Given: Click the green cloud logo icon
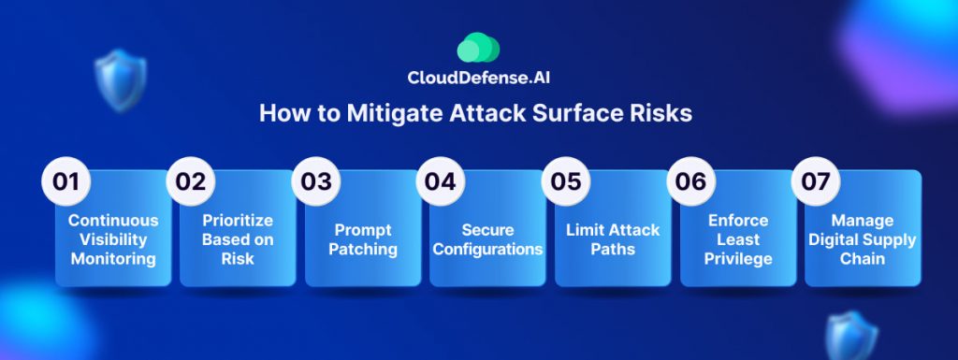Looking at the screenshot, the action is (478, 48).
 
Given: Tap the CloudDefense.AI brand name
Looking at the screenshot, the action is (474, 78).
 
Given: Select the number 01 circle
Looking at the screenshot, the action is (66, 181).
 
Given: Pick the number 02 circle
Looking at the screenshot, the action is (191, 181).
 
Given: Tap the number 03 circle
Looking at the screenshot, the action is (316, 181).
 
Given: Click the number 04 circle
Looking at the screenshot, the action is (441, 181).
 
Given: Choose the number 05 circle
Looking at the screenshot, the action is (566, 181).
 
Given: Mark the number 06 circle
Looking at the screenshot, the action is (691, 181).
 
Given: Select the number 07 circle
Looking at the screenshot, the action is (816, 181).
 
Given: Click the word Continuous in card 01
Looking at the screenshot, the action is (113, 221).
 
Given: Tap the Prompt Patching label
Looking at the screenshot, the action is (363, 239).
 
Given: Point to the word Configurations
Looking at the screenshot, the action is (487, 250).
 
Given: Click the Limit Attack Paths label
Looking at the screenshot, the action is (613, 239).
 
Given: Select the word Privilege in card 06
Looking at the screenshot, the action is (738, 259).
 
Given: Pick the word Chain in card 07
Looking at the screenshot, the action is (862, 259).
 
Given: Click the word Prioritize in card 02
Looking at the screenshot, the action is (238, 221).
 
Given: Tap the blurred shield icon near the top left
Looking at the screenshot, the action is (121, 79).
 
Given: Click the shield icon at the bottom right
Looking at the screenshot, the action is (851, 336).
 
